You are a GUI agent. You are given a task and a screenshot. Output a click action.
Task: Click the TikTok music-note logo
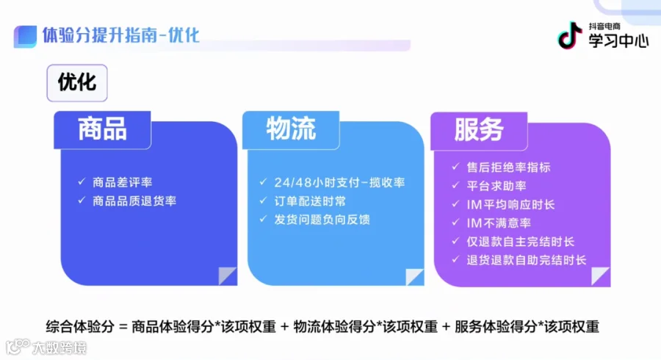pyautogui.click(x=569, y=35)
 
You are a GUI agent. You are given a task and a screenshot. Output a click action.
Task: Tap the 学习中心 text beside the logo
pyautogui.click(x=618, y=40)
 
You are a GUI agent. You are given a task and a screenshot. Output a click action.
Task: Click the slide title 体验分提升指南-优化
pyautogui.click(x=120, y=35)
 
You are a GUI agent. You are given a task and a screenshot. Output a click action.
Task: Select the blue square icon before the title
pyautogui.click(x=25, y=37)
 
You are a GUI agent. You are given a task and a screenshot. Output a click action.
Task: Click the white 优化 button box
pyautogui.click(x=77, y=82)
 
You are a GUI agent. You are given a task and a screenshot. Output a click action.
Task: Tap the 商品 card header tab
pyautogui.click(x=102, y=129)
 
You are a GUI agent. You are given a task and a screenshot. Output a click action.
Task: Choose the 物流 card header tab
pyautogui.click(x=291, y=129)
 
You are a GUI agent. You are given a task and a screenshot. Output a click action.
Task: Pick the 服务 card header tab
pyautogui.click(x=479, y=130)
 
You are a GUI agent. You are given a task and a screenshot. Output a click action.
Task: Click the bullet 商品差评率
pyautogui.click(x=122, y=182)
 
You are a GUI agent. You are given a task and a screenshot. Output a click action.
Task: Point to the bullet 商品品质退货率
pyautogui.click(x=134, y=201)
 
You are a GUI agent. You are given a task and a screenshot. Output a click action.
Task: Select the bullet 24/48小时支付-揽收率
pyautogui.click(x=339, y=182)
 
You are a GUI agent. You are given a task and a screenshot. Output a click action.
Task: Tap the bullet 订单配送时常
pyautogui.click(x=310, y=201)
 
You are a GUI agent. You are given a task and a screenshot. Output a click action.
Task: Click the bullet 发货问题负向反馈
pyautogui.click(x=322, y=220)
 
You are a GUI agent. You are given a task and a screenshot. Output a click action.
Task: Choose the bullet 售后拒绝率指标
pyautogui.click(x=508, y=168)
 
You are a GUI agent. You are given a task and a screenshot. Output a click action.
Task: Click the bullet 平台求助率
pyautogui.click(x=496, y=186)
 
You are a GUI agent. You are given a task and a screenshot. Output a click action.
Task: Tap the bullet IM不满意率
pyautogui.click(x=499, y=223)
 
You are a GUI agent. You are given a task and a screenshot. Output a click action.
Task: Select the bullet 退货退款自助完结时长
pyautogui.click(x=526, y=260)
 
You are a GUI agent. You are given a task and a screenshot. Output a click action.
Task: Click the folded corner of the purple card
pyautogui.click(x=600, y=276)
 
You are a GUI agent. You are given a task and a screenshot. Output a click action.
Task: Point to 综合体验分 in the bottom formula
pyautogui.click(x=80, y=327)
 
